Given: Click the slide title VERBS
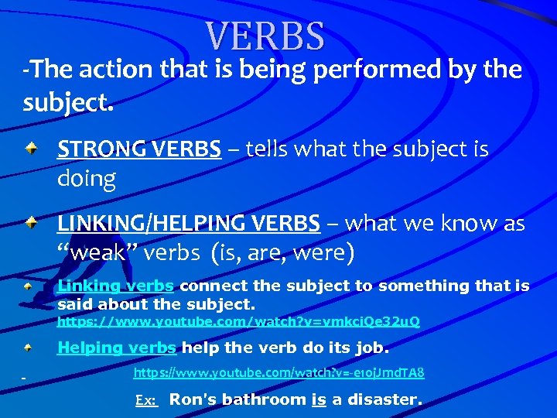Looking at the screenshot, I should [x=265, y=36].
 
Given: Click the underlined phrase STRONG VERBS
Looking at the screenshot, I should [x=138, y=148].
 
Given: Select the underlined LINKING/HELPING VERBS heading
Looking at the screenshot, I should [x=189, y=224].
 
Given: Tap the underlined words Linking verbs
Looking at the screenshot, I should [x=115, y=286].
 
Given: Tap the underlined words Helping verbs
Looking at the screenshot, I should [x=117, y=348].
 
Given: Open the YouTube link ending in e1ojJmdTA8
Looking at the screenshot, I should [x=278, y=373].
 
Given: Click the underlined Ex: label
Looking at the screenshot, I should [x=146, y=400].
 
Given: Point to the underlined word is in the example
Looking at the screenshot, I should [x=318, y=399].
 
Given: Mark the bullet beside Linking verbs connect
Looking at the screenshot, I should [x=28, y=286].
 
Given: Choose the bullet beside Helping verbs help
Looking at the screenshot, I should [x=28, y=348].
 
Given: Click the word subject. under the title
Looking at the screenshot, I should [x=68, y=102].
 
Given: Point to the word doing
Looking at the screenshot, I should [x=86, y=179].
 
